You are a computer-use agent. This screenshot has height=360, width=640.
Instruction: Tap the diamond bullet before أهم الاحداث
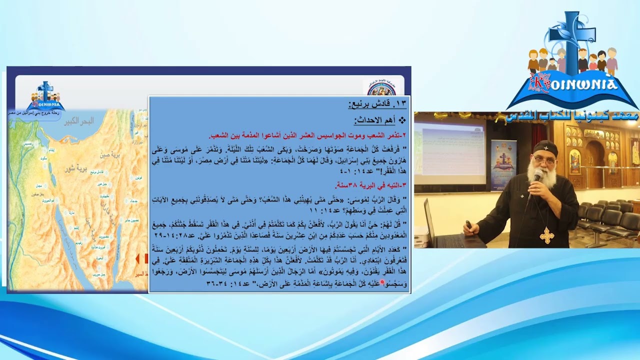402,120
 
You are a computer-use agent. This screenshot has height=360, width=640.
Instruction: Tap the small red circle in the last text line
382,283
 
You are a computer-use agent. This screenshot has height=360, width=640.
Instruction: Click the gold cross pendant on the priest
547,235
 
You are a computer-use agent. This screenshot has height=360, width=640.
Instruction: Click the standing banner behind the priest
503,165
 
